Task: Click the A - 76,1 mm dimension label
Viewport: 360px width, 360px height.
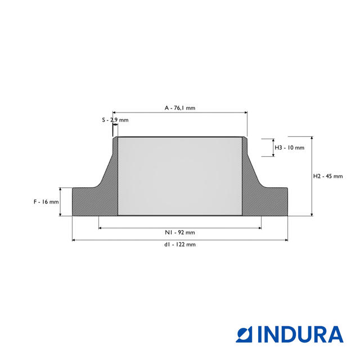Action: coord(180,108)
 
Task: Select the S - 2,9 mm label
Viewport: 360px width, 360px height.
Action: coord(115,120)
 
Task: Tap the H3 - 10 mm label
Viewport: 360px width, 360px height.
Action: coord(290,147)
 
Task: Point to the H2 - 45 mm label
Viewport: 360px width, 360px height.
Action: coord(328,176)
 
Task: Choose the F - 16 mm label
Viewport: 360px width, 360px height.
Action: coord(46,202)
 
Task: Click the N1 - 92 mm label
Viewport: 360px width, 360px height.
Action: coord(180,232)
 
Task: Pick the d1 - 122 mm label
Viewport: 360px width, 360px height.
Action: coord(180,245)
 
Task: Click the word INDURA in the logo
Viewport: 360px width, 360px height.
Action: coord(300,334)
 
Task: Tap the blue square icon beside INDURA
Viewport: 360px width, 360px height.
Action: coord(244,334)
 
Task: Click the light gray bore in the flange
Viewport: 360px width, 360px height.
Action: coord(180,176)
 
